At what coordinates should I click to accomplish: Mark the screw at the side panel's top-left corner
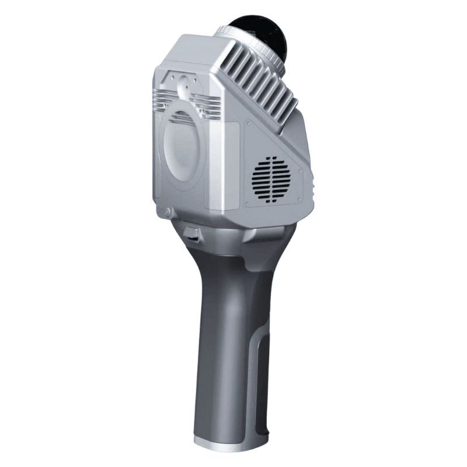pos(248,124)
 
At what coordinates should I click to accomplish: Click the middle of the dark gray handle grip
pos(225,339)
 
